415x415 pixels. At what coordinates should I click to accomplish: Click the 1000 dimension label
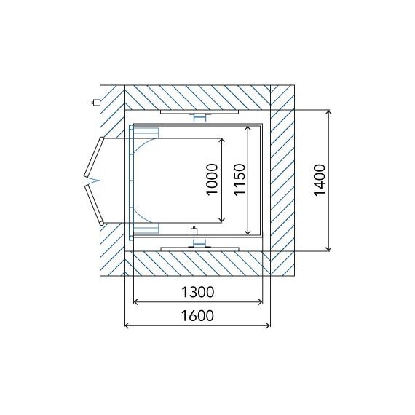click(x=213, y=179)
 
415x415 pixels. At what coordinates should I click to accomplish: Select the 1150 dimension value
click(x=240, y=179)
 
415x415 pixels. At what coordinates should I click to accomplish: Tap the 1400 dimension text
click(x=320, y=180)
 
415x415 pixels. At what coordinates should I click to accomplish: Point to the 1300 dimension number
click(x=198, y=293)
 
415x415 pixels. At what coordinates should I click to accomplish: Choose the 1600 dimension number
click(x=198, y=316)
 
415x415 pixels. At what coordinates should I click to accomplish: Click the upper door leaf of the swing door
click(x=93, y=158)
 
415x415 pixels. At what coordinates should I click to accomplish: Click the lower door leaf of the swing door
click(x=93, y=205)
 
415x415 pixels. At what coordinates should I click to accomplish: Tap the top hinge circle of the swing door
click(x=101, y=138)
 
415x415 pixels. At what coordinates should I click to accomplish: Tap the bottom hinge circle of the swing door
click(x=102, y=224)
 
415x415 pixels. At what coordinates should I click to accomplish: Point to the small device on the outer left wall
click(x=95, y=102)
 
